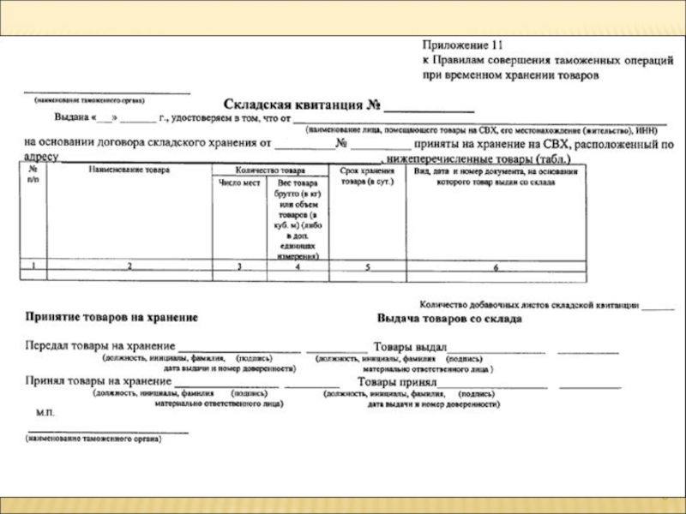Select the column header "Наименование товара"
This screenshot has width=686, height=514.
click(x=129, y=170)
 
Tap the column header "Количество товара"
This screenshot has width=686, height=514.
click(x=269, y=170)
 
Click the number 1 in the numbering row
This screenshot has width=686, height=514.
click(x=33, y=266)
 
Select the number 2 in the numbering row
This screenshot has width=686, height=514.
click(x=130, y=266)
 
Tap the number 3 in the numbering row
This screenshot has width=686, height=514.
click(x=239, y=267)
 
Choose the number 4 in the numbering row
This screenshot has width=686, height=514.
click(x=297, y=267)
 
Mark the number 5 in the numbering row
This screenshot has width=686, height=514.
click(x=367, y=267)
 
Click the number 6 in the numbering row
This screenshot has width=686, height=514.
click(x=495, y=268)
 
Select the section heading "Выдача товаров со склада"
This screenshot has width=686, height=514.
click(x=449, y=319)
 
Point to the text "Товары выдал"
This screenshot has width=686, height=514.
click(x=410, y=347)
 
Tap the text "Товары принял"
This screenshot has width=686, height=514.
click(x=397, y=381)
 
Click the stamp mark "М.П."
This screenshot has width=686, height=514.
click(x=45, y=412)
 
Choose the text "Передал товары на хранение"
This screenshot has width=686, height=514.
click(x=95, y=346)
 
